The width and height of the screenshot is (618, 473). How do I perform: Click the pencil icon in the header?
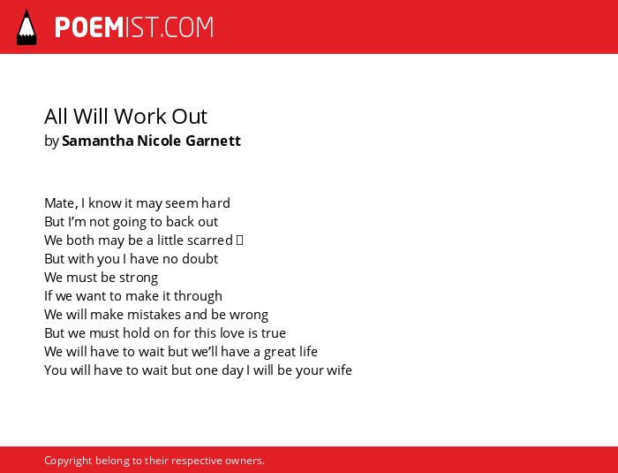[x=26, y=27]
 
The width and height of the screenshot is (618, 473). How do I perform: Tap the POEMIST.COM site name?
[x=134, y=27]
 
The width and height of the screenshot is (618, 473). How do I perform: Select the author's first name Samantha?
[x=98, y=141]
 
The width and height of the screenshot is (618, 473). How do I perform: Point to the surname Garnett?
[x=213, y=141]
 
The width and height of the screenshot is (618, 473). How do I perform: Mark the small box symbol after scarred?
[x=239, y=240]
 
